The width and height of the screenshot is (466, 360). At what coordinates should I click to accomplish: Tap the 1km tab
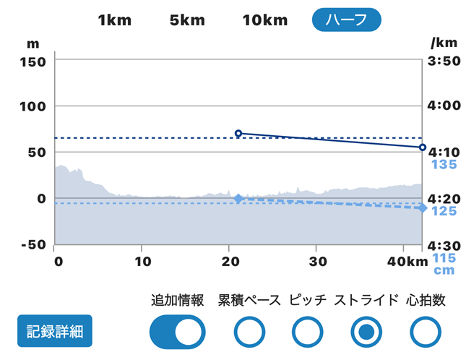pyautogui.click(x=115, y=20)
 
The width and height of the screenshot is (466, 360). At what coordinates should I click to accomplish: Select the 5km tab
pyautogui.click(x=187, y=20)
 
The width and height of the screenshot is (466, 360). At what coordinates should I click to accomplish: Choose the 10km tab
pyautogui.click(x=265, y=20)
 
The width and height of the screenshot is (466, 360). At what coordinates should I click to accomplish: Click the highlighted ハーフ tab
pyautogui.click(x=347, y=20)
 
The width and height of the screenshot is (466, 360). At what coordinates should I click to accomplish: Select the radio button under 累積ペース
pyautogui.click(x=249, y=332)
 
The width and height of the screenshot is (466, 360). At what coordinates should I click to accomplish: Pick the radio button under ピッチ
pyautogui.click(x=308, y=332)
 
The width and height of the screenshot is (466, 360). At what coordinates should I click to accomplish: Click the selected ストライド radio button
pyautogui.click(x=366, y=332)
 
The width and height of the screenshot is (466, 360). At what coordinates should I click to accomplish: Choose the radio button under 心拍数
pyautogui.click(x=425, y=332)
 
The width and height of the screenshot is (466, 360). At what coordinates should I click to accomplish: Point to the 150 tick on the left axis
pyautogui.click(x=33, y=61)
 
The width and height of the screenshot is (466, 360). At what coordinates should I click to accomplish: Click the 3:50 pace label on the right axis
pyautogui.click(x=445, y=61)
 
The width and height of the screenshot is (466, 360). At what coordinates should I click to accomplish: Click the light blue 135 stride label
pyautogui.click(x=444, y=165)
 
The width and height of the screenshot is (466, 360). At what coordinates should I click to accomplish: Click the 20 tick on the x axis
pyautogui.click(x=230, y=260)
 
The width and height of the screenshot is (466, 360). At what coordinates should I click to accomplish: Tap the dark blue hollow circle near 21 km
pyautogui.click(x=238, y=133)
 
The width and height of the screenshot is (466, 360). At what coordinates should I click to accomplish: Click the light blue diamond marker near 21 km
pyautogui.click(x=238, y=197)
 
